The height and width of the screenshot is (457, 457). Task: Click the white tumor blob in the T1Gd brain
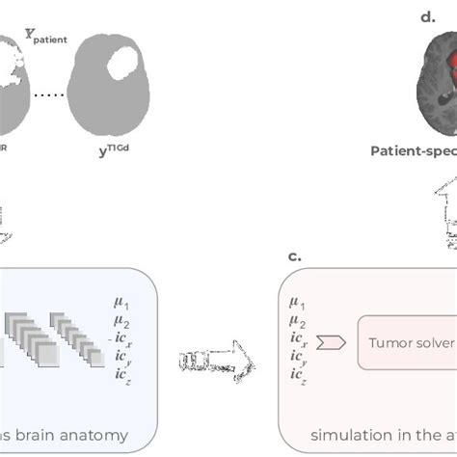pyautogui.click(x=124, y=65)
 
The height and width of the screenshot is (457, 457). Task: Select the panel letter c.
pyautogui.click(x=295, y=255)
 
